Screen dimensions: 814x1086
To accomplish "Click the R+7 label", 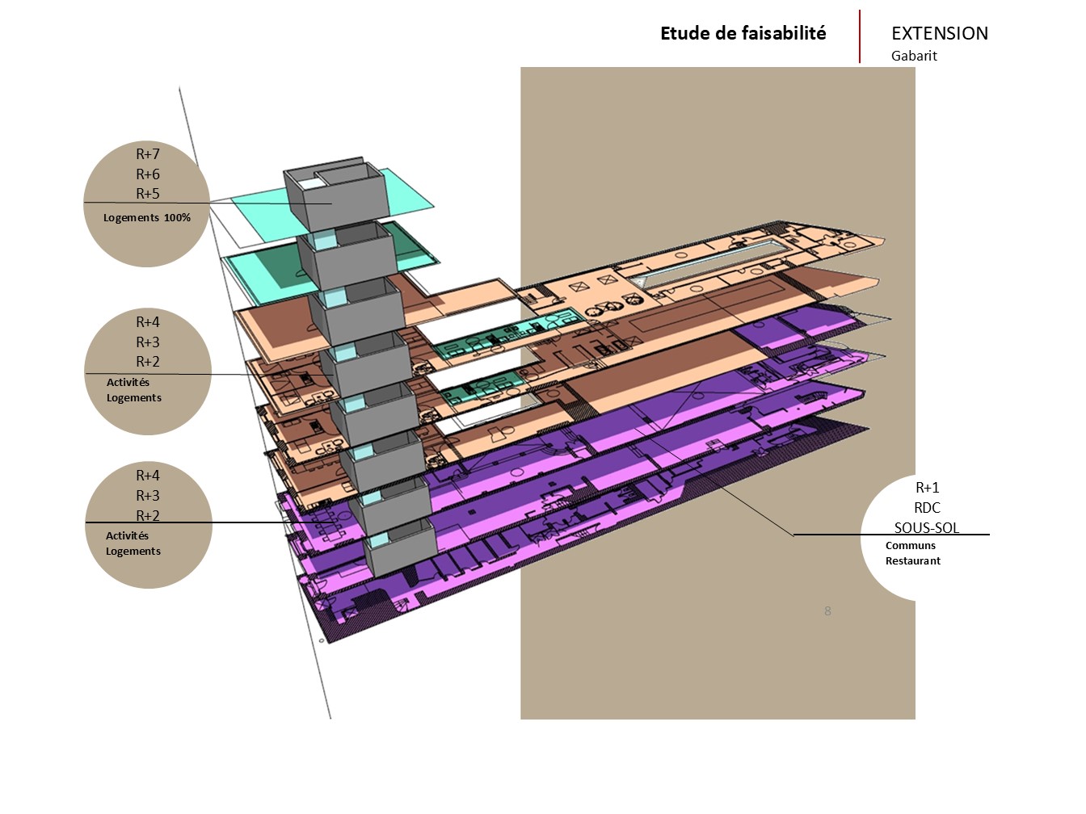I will point(148,154).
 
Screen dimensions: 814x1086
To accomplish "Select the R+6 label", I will point(148,174).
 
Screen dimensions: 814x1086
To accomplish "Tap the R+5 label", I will point(148,194).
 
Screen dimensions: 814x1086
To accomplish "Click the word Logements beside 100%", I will point(131,218).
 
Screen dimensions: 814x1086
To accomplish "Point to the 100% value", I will point(177,217).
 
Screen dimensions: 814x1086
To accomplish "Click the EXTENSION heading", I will point(939,34).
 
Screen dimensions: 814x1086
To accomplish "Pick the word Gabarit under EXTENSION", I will point(914,56).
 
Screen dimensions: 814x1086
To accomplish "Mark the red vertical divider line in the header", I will point(860,36).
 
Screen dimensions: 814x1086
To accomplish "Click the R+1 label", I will point(927,488).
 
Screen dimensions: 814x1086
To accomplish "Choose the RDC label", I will point(927,508).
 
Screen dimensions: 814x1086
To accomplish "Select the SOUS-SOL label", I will point(927,528).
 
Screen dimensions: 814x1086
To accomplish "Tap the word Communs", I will point(910,546).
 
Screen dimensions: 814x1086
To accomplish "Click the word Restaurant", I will point(912,561).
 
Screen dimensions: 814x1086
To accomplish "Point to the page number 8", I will point(827,611).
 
